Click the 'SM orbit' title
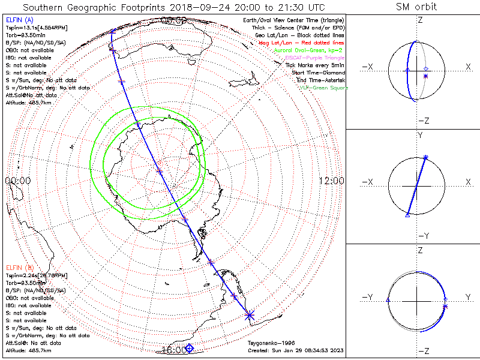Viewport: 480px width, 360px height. (416, 7)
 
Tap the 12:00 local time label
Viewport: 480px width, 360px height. (331, 180)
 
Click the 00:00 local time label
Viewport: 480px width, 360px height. (17, 180)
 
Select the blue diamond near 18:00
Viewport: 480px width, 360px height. (190, 348)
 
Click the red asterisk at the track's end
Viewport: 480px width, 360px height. (250, 315)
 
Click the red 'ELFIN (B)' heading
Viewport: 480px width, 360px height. (19, 266)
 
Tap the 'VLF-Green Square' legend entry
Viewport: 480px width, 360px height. (323, 88)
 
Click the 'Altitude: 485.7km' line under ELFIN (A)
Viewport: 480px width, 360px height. (28, 103)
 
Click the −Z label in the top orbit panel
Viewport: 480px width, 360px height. (422, 121)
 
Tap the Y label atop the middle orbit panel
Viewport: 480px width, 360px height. (420, 136)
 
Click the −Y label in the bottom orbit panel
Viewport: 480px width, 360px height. (367, 297)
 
